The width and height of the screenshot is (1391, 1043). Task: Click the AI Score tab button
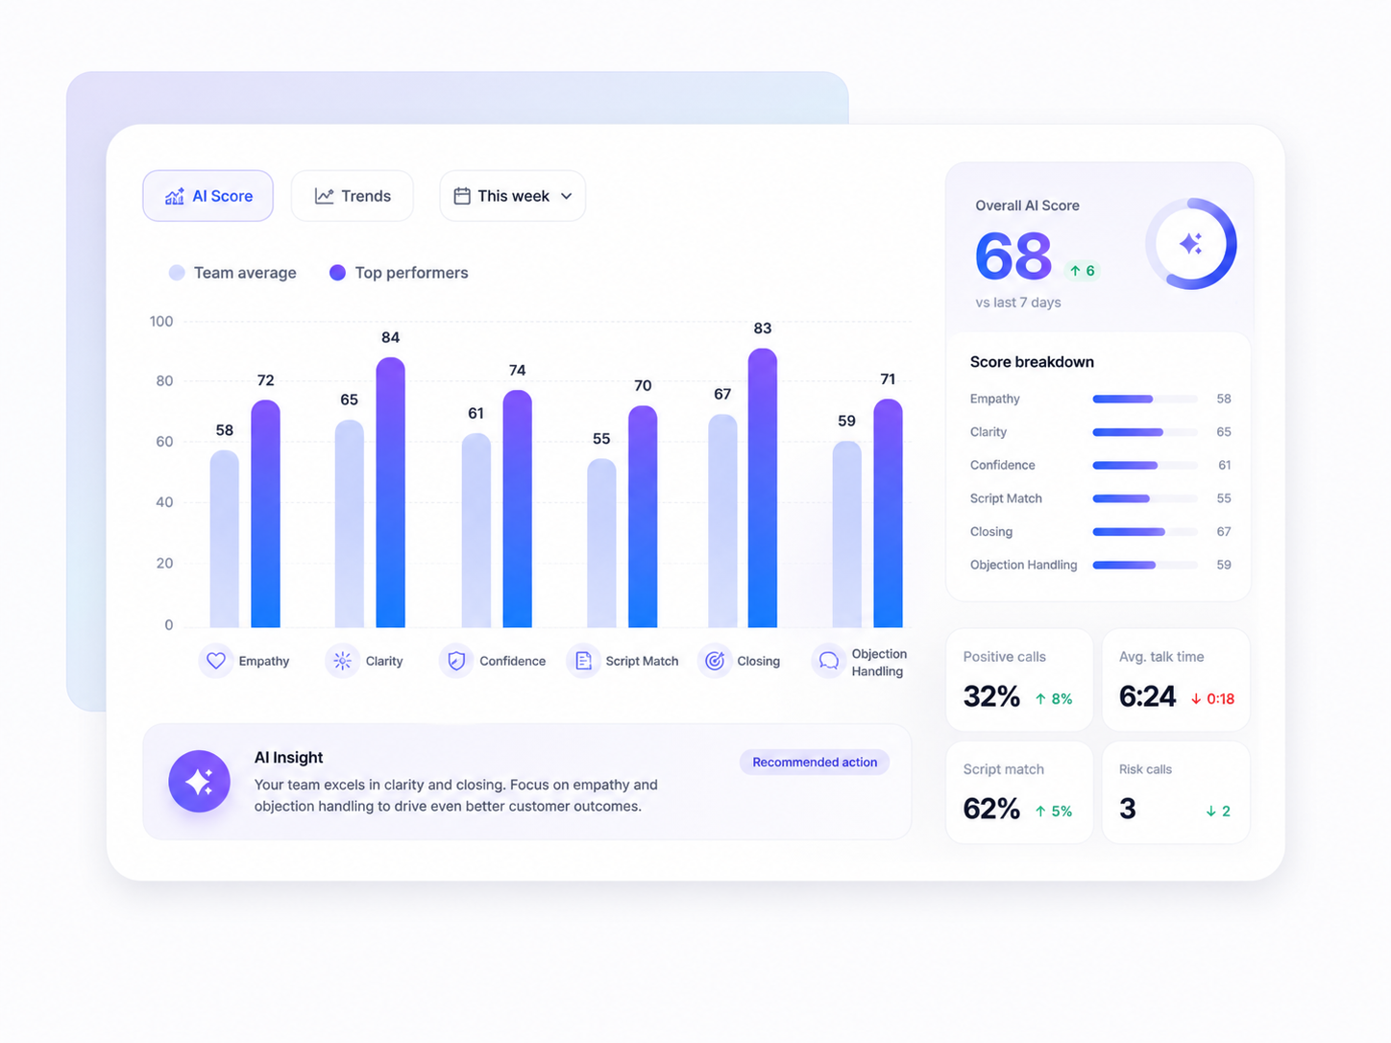pos(207,196)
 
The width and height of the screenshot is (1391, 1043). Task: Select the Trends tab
pos(353,196)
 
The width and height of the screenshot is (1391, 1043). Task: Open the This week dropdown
pos(513,196)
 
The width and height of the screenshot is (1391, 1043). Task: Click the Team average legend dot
pos(177,273)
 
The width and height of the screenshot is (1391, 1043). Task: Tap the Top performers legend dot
pos(338,273)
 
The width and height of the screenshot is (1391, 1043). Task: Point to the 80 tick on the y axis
pos(164,381)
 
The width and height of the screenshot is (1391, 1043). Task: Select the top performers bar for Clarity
pos(390,493)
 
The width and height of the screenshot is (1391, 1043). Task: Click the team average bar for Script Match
pos(601,544)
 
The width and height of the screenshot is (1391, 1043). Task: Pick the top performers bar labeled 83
pos(763,488)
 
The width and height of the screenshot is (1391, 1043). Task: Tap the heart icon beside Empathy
pos(216,661)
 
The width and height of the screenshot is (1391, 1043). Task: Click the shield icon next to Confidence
pos(456,661)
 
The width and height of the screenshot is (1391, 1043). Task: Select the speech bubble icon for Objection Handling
pos(829,661)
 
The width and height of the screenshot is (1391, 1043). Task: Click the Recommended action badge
pos(815,763)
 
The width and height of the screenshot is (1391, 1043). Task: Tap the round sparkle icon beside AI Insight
pos(199,782)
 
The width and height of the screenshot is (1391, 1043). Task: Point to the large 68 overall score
pos(1013,255)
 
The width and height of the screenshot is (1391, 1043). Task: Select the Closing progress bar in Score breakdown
pos(1145,532)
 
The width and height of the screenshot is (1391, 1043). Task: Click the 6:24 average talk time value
pos(1147,696)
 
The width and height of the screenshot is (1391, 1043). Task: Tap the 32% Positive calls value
pos(991,696)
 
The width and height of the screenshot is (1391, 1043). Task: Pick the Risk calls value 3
pos(1128,809)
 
